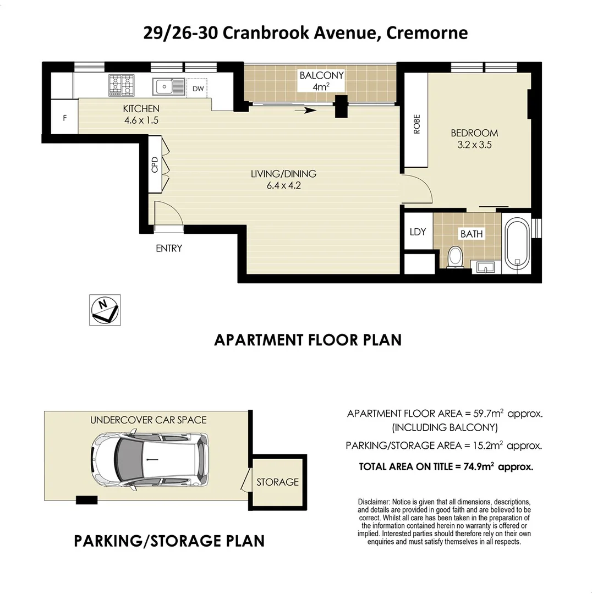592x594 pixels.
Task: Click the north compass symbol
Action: [105, 310]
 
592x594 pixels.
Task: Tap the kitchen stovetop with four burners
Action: [121, 85]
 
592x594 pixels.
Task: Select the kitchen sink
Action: [169, 87]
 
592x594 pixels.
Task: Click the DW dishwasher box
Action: [198, 88]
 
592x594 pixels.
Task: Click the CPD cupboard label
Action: [155, 164]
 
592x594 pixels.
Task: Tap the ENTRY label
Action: [168, 248]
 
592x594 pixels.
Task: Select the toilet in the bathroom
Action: [455, 257]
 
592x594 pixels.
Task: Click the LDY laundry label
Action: [418, 232]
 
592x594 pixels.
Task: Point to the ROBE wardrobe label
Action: [416, 124]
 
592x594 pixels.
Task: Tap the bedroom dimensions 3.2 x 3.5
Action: [474, 145]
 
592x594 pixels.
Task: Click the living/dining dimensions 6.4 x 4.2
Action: [283, 185]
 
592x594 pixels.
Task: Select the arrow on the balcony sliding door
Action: [305, 111]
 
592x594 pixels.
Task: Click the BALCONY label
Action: [321, 75]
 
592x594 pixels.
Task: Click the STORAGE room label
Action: [277, 482]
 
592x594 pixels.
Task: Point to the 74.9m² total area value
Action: [478, 466]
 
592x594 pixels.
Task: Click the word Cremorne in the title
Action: [427, 33]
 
